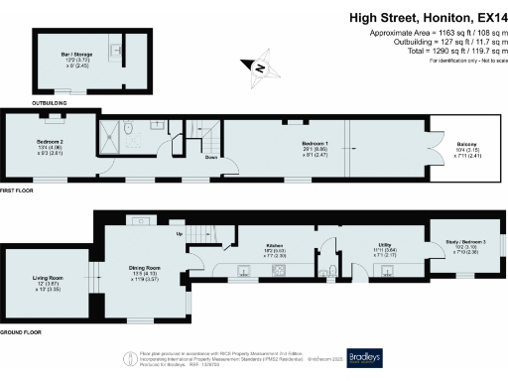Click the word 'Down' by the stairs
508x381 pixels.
[x=211, y=157]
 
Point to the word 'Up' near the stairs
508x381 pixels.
[x=179, y=235]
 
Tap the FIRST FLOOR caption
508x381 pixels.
[x=17, y=189]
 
